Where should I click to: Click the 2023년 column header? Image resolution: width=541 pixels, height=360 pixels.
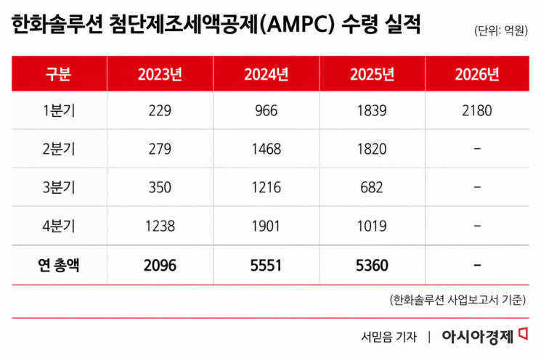click(x=160, y=74)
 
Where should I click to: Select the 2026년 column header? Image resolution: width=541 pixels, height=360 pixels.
click(x=477, y=74)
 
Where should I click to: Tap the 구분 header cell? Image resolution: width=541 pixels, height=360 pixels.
click(x=59, y=74)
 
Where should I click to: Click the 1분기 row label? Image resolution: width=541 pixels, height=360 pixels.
click(x=59, y=111)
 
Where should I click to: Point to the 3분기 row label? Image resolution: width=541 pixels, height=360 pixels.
click(x=59, y=187)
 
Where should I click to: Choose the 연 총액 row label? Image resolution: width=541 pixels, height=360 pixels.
click(x=59, y=265)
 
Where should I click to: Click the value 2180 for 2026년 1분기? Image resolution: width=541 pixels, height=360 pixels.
click(x=477, y=111)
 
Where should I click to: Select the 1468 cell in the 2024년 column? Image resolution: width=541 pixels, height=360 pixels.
click(x=266, y=149)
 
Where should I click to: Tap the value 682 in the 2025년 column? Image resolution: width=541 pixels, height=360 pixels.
click(x=372, y=187)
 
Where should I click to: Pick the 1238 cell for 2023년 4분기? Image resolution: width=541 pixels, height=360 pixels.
click(x=160, y=226)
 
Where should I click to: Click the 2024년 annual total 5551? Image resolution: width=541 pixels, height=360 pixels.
click(x=266, y=266)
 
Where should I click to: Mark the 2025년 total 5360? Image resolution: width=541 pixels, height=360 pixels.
click(x=372, y=266)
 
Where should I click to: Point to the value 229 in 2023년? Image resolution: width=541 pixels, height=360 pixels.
click(x=160, y=111)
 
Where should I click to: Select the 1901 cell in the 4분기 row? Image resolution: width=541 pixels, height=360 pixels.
click(x=266, y=226)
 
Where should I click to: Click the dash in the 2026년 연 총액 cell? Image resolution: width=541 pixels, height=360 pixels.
click(x=477, y=265)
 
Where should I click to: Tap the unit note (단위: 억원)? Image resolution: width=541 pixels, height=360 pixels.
click(x=501, y=30)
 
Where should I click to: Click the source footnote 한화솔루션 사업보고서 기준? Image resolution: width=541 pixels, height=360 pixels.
click(x=457, y=300)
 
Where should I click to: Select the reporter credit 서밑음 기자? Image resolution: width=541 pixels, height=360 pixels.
click(x=389, y=337)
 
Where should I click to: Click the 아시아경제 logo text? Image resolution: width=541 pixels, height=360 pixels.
click(x=478, y=337)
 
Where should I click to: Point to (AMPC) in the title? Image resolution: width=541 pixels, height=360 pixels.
click(x=297, y=25)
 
